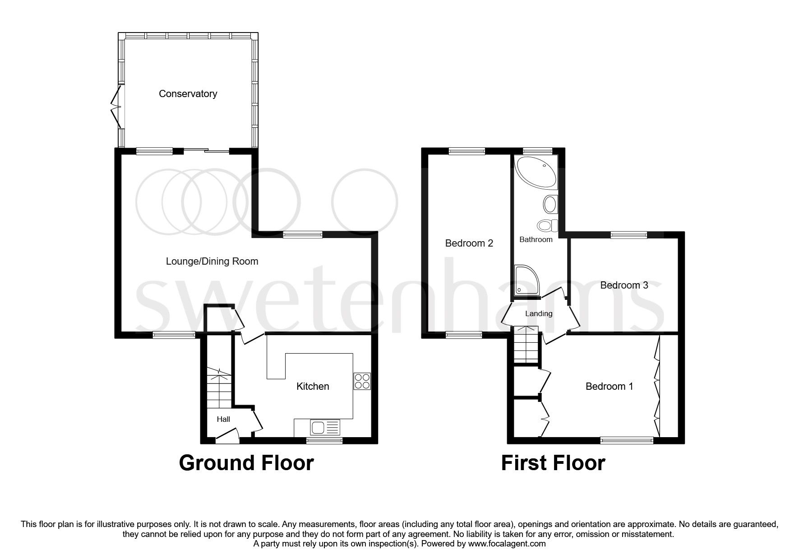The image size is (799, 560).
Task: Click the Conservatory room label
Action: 188,94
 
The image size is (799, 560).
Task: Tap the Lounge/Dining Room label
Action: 212,261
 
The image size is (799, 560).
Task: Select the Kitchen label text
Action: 313,387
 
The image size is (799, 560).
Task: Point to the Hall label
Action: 223,419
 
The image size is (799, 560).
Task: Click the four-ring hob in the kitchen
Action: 362,381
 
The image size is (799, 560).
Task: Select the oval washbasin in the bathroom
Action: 550,205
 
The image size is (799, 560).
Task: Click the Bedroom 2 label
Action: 469,243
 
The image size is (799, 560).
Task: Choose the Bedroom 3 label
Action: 624,285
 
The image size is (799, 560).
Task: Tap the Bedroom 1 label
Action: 609,387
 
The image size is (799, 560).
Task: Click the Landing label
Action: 539,313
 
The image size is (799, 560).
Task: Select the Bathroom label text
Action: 536,239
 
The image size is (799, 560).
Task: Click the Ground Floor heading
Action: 246,463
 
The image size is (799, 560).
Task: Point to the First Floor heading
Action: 553,463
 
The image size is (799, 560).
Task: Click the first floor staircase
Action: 527,345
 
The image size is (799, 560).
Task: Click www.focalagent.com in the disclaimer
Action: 507,544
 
